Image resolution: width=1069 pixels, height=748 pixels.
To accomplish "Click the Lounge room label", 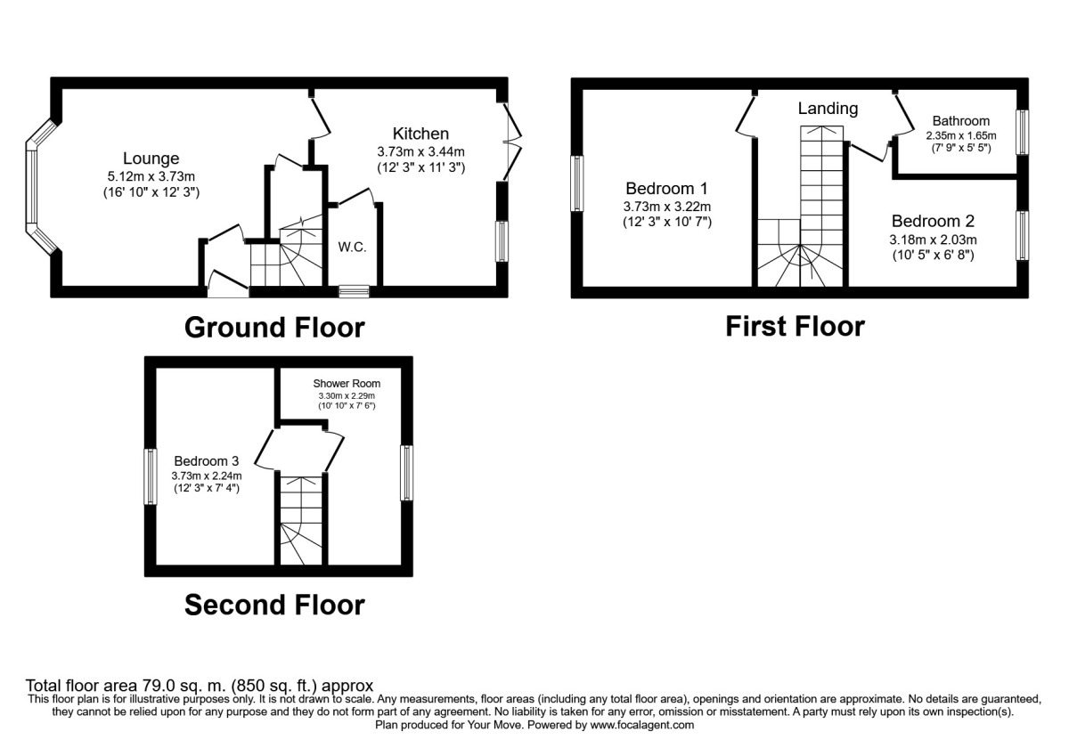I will [x=151, y=159].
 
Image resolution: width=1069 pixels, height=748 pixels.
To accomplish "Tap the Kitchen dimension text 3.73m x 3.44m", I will [x=420, y=151].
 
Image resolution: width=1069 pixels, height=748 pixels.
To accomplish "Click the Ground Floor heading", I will [x=274, y=328].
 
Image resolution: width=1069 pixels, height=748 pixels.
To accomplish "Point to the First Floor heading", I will [x=795, y=326].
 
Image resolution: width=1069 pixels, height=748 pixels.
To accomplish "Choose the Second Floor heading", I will [x=274, y=606].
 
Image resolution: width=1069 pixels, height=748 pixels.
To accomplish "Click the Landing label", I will [x=828, y=109].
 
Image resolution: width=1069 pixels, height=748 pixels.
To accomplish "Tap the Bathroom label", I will [x=960, y=121].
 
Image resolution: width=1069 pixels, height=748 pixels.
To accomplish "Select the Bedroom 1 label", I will [x=666, y=189].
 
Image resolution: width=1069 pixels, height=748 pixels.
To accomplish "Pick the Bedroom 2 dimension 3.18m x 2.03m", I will [x=934, y=240].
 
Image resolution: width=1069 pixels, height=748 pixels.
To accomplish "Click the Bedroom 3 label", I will [x=206, y=461].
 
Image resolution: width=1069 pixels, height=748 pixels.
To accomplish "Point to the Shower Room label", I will [x=347, y=384].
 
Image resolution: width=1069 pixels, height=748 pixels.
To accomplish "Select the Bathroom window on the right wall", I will [x=1023, y=132].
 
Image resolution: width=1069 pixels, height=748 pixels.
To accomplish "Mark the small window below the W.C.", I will [x=354, y=290].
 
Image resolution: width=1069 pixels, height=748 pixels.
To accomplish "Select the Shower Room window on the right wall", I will [x=406, y=472].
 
